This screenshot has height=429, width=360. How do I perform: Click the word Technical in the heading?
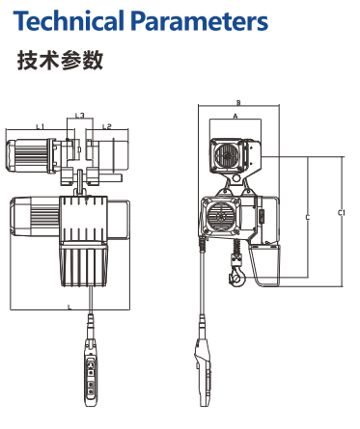tap(69, 21)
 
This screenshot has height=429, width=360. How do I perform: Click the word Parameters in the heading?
tap(200, 21)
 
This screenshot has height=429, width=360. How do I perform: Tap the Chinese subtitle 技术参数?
tap(60, 60)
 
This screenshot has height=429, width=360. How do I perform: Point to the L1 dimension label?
tap(40, 126)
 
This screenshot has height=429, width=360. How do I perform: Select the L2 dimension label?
tap(107, 126)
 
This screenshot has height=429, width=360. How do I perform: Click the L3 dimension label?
tap(80, 115)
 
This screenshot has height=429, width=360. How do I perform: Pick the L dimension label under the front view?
tap(69, 308)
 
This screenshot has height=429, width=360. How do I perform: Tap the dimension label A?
tap(235, 116)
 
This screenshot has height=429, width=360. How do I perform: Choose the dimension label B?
tap(238, 103)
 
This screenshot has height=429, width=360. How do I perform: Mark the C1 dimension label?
tap(341, 212)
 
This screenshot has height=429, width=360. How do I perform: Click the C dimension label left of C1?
tap(308, 218)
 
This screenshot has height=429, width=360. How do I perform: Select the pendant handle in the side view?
tap(204, 374)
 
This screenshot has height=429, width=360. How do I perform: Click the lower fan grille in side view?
tap(222, 216)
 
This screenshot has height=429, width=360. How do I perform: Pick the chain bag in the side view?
tap(264, 264)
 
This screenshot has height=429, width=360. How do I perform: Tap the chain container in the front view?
tap(84, 264)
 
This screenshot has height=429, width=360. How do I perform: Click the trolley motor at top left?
tap(32, 155)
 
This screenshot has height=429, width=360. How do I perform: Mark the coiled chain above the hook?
tap(237, 247)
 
